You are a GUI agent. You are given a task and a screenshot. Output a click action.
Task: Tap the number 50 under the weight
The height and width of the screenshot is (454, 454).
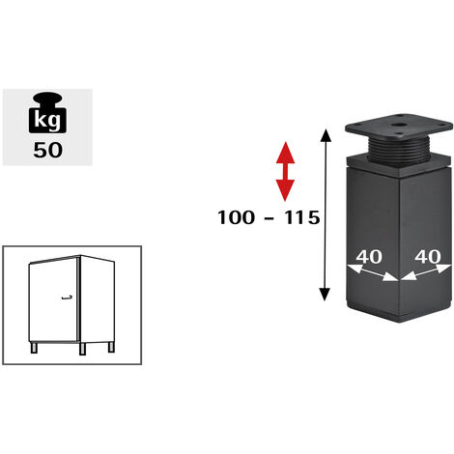[47, 150]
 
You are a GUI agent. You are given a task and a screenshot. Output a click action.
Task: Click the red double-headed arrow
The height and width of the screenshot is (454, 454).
[285, 171]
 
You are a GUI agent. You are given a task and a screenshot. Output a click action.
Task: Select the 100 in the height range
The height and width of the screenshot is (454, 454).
[236, 217]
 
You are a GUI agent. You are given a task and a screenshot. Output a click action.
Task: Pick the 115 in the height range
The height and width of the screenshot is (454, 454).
[301, 217]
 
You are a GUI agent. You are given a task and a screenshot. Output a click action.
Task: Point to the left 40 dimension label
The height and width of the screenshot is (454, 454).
[369, 257]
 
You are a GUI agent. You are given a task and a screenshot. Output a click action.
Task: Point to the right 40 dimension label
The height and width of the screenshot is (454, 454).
[427, 257]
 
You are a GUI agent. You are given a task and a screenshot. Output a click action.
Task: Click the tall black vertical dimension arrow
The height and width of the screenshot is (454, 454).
[326, 214]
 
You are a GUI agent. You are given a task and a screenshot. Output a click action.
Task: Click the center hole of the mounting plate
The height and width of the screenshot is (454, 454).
[398, 124]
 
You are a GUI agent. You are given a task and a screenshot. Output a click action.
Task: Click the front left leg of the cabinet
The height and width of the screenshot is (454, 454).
[34, 348]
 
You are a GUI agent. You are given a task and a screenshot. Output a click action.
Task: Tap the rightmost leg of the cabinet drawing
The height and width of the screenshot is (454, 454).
[111, 346]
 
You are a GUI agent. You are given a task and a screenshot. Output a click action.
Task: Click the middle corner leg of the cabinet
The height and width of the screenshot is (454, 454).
[83, 349]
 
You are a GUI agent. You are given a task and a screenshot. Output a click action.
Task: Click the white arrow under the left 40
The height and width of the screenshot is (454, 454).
[373, 272]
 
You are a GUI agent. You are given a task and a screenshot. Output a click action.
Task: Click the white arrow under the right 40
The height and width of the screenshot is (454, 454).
[426, 272]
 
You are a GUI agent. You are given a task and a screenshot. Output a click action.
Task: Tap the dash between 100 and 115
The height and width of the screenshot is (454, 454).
[269, 218]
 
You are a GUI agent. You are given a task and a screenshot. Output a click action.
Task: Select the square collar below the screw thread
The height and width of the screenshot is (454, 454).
[398, 167]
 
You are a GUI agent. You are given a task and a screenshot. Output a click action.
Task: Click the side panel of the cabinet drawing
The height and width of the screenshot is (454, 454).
[98, 299]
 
